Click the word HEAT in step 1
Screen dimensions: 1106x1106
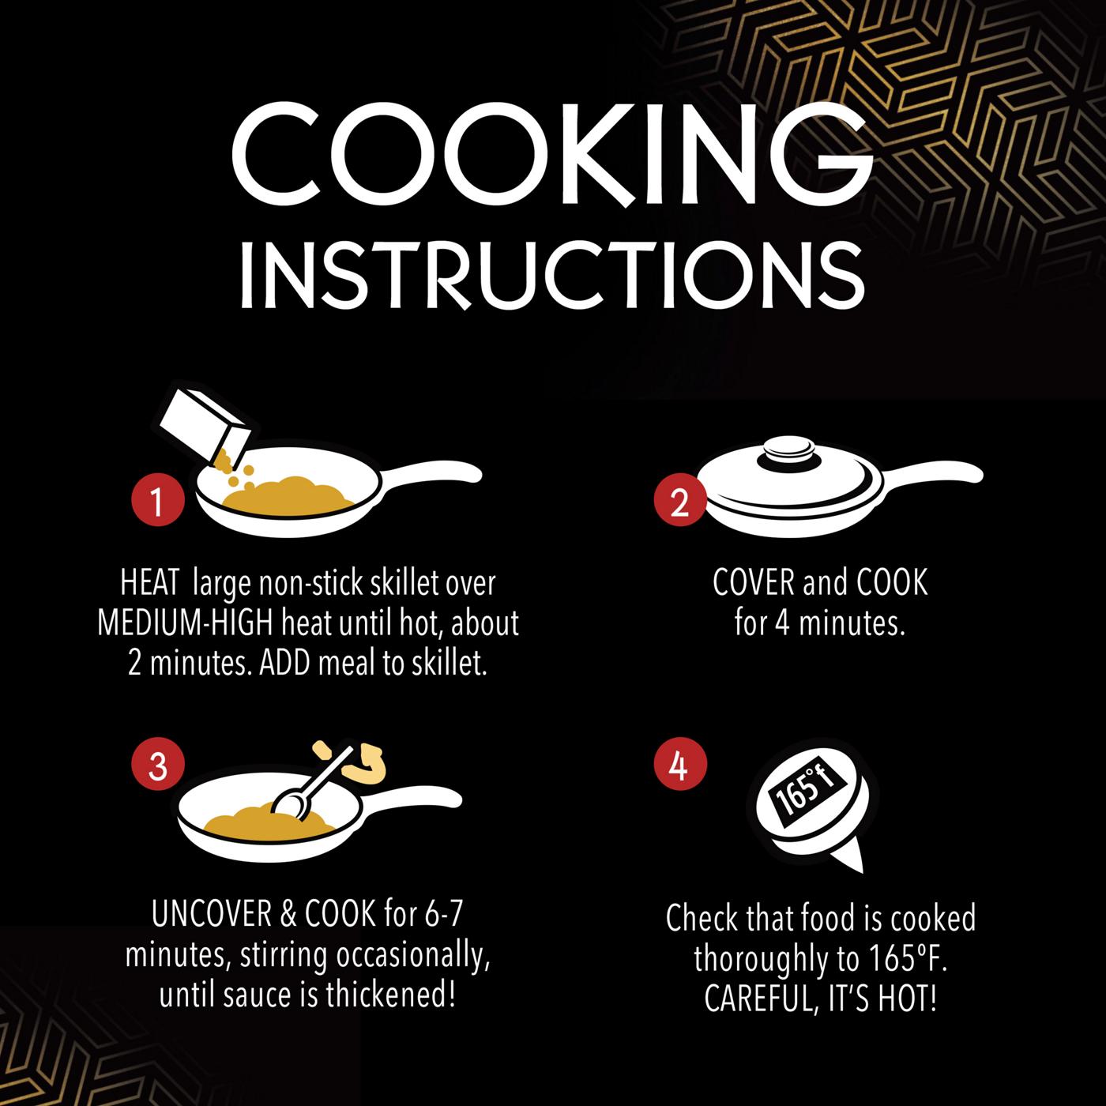(149, 583)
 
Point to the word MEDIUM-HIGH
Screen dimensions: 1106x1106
(185, 623)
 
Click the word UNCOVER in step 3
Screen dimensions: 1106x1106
(211, 915)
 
